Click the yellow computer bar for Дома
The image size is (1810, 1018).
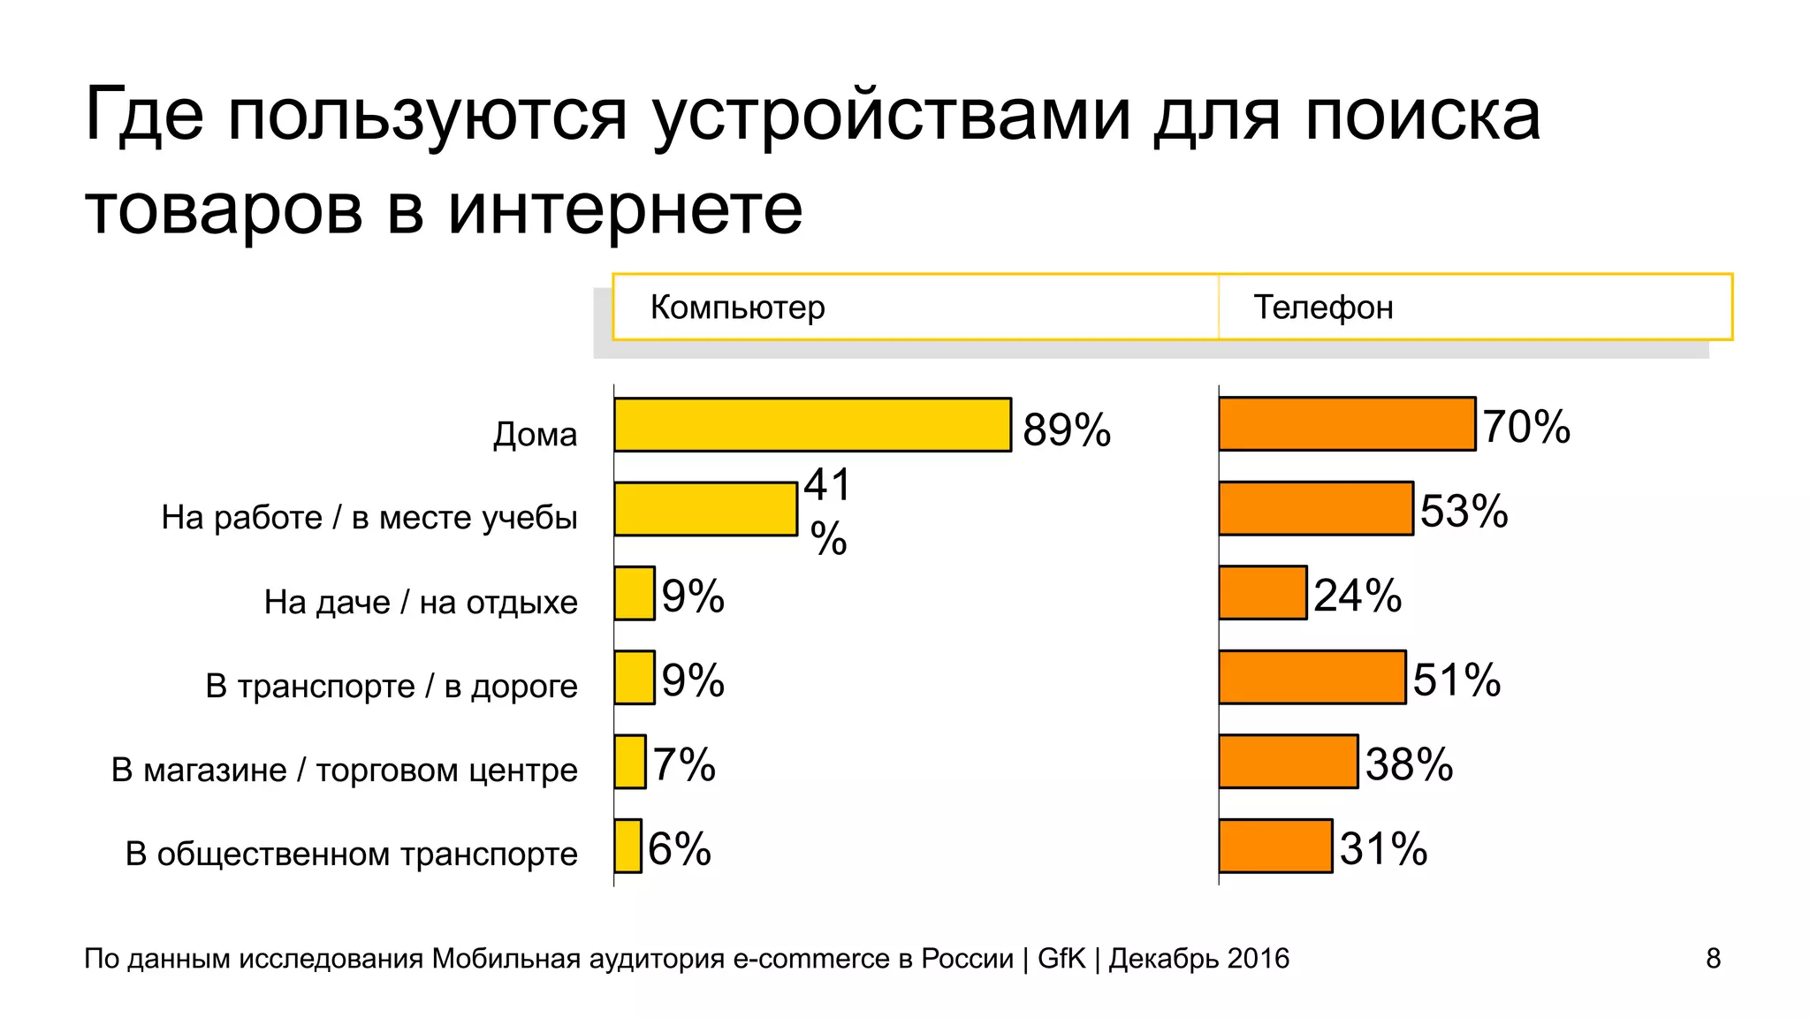[x=812, y=425]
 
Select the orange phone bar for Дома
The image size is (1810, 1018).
[x=1347, y=424]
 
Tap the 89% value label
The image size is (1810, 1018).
[x=1066, y=430]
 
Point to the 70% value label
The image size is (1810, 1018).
[x=1526, y=427]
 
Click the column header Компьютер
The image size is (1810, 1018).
[x=737, y=308]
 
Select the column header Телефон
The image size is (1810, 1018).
[x=1323, y=308]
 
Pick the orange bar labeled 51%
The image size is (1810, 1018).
[x=1312, y=678]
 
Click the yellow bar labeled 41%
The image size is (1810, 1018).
[x=705, y=509]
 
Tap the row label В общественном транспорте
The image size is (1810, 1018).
[x=351, y=855]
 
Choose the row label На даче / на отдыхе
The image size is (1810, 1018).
[x=421, y=603]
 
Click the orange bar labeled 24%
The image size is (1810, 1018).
[x=1262, y=593]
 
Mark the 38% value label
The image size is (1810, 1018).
[x=1409, y=764]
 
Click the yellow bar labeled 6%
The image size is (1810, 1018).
[x=627, y=847]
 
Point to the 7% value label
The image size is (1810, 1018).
[x=684, y=764]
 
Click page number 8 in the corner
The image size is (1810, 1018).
[x=1713, y=959]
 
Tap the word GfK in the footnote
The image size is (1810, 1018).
[x=1061, y=959]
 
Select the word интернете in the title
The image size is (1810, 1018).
[x=625, y=209]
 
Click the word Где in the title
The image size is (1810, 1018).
[x=144, y=115]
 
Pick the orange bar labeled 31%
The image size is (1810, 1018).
[x=1275, y=847]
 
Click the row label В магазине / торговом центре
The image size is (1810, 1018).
[x=344, y=771]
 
